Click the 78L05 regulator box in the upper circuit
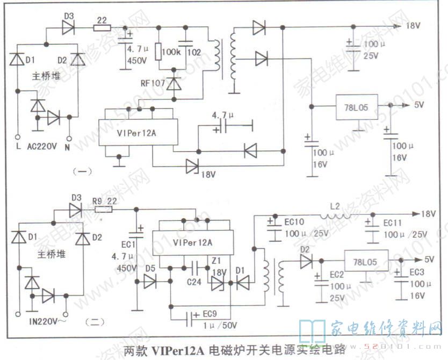tap(357, 107)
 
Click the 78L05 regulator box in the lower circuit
tap(365, 262)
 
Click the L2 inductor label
tap(335, 206)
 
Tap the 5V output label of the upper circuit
tap(419, 105)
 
